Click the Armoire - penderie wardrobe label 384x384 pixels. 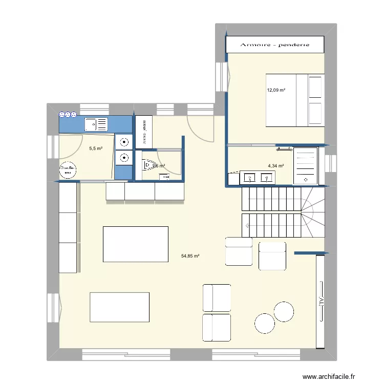click(x=275, y=45)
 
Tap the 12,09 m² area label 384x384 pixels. click(x=275, y=91)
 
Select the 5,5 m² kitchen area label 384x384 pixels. click(x=96, y=149)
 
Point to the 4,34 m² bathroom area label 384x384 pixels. click(x=276, y=166)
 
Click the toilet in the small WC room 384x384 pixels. click(x=148, y=164)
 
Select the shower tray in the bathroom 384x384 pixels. click(x=306, y=165)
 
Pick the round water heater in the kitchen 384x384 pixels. click(x=67, y=170)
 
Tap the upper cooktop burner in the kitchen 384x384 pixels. click(x=124, y=143)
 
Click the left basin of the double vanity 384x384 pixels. click(x=250, y=178)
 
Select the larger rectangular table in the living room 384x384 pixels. click(x=136, y=244)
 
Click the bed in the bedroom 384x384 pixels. click(x=294, y=100)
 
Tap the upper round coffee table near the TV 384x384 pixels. click(x=284, y=311)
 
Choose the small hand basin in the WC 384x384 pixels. click(x=164, y=177)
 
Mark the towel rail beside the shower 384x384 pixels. click(x=283, y=150)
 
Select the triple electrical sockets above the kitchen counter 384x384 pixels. click(x=68, y=115)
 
